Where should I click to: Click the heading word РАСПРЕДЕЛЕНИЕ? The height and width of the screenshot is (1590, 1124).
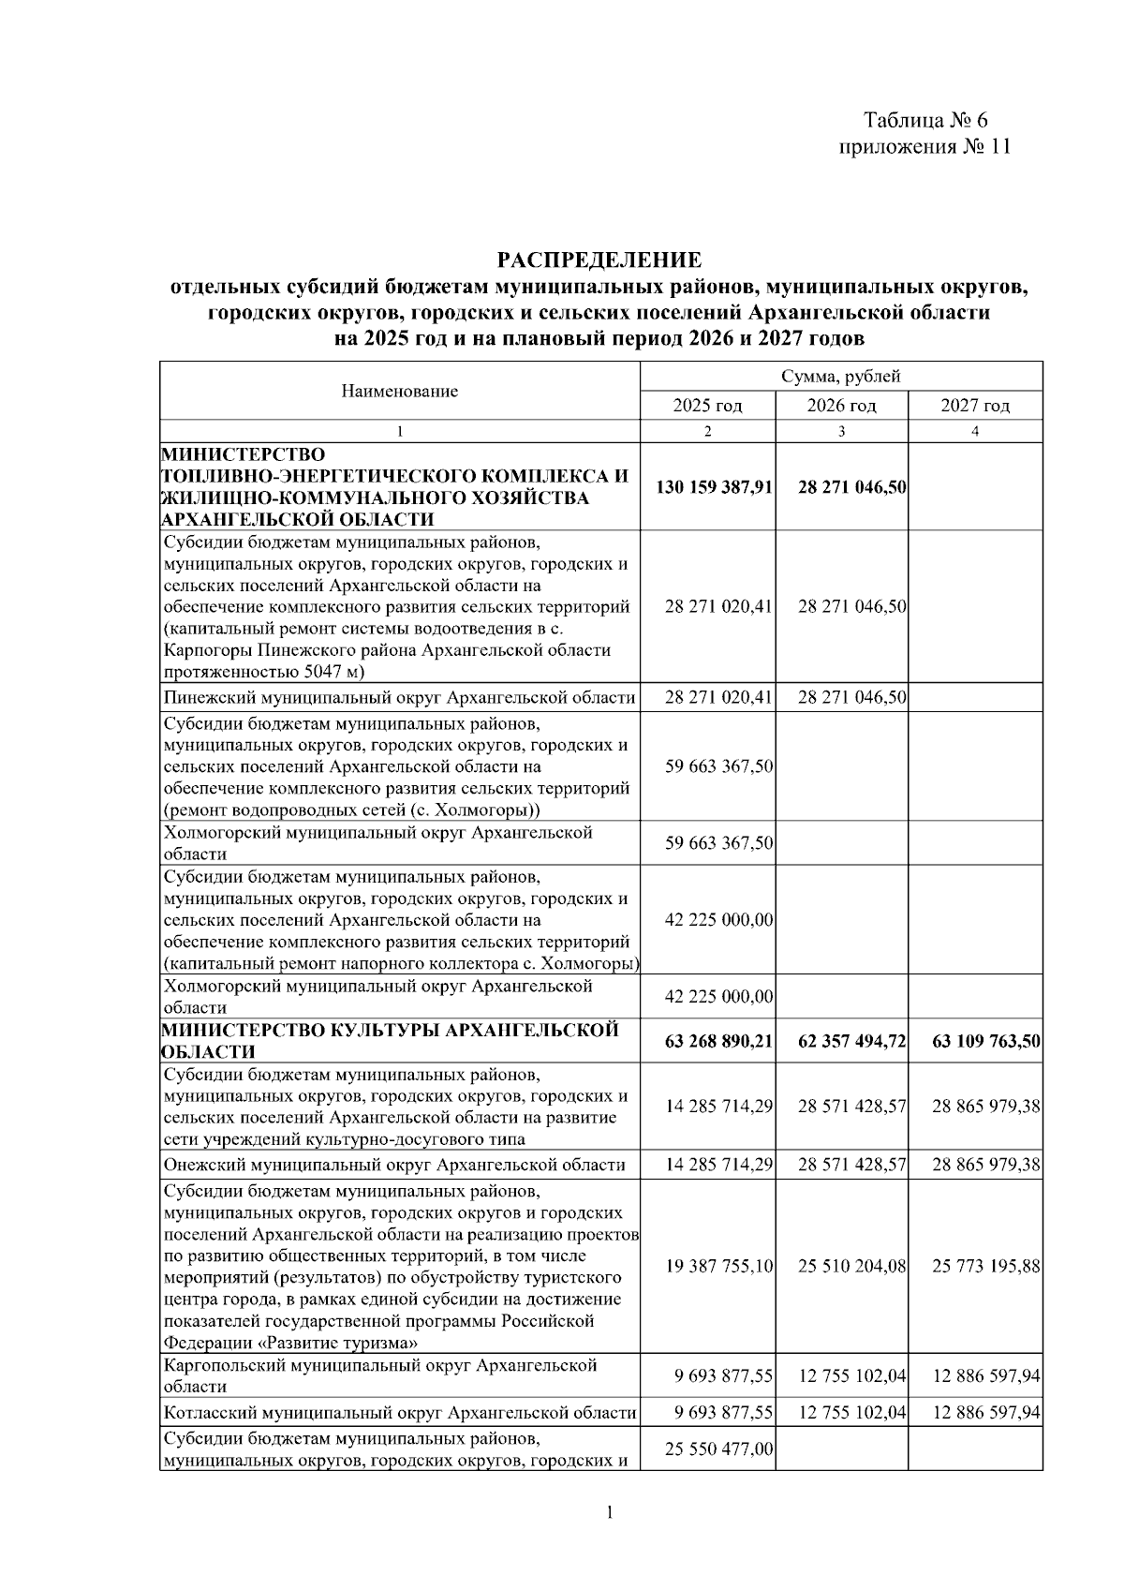(599, 260)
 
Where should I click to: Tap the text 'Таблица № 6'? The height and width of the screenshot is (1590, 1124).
(924, 121)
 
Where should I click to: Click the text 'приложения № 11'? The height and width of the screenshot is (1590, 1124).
(924, 147)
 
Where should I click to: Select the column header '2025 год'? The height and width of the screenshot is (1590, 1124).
(707, 406)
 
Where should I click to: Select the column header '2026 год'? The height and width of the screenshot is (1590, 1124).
(841, 406)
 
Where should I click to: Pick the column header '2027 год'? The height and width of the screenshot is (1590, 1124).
(975, 406)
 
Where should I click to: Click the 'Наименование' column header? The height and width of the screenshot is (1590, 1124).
(399, 392)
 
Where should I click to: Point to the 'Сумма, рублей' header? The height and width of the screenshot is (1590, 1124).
(841, 377)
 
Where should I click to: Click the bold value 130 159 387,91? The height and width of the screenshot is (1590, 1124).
(714, 487)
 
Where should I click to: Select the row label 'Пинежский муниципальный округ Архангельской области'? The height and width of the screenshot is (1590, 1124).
(399, 697)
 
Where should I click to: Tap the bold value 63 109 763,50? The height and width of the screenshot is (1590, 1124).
(986, 1041)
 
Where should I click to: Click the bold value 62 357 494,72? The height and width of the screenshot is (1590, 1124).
(852, 1041)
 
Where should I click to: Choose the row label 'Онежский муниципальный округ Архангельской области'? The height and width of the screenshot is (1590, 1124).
(394, 1165)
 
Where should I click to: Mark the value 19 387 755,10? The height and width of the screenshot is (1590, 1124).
(719, 1267)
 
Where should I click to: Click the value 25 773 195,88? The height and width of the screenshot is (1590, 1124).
(986, 1267)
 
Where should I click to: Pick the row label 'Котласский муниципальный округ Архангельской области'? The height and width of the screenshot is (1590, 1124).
(400, 1413)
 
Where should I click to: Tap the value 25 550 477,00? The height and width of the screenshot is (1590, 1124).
(719, 1449)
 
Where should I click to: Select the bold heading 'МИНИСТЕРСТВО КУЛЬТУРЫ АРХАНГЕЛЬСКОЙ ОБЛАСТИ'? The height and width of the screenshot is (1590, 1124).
(391, 1041)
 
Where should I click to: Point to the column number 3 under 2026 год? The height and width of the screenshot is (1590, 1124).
(841, 432)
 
